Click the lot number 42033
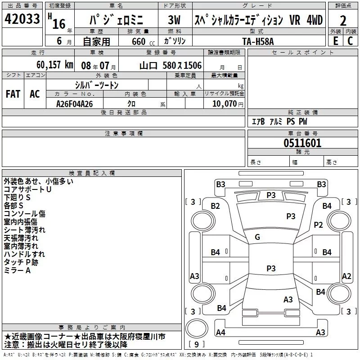(22, 18)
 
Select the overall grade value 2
(343, 21)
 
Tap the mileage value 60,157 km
(55, 65)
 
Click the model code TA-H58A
(258, 41)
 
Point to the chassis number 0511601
(302, 143)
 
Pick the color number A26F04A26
(75, 104)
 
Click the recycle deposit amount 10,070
(225, 103)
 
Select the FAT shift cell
(13, 94)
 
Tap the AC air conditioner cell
(35, 94)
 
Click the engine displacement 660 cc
(143, 41)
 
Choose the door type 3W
(174, 20)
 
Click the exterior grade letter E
(336, 41)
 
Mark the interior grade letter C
(350, 41)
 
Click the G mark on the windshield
(257, 237)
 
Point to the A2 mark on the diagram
(346, 276)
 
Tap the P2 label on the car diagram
(318, 225)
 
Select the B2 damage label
(216, 206)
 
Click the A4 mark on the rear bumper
(220, 332)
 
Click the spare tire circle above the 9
(197, 328)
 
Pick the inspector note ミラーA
(17, 270)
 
